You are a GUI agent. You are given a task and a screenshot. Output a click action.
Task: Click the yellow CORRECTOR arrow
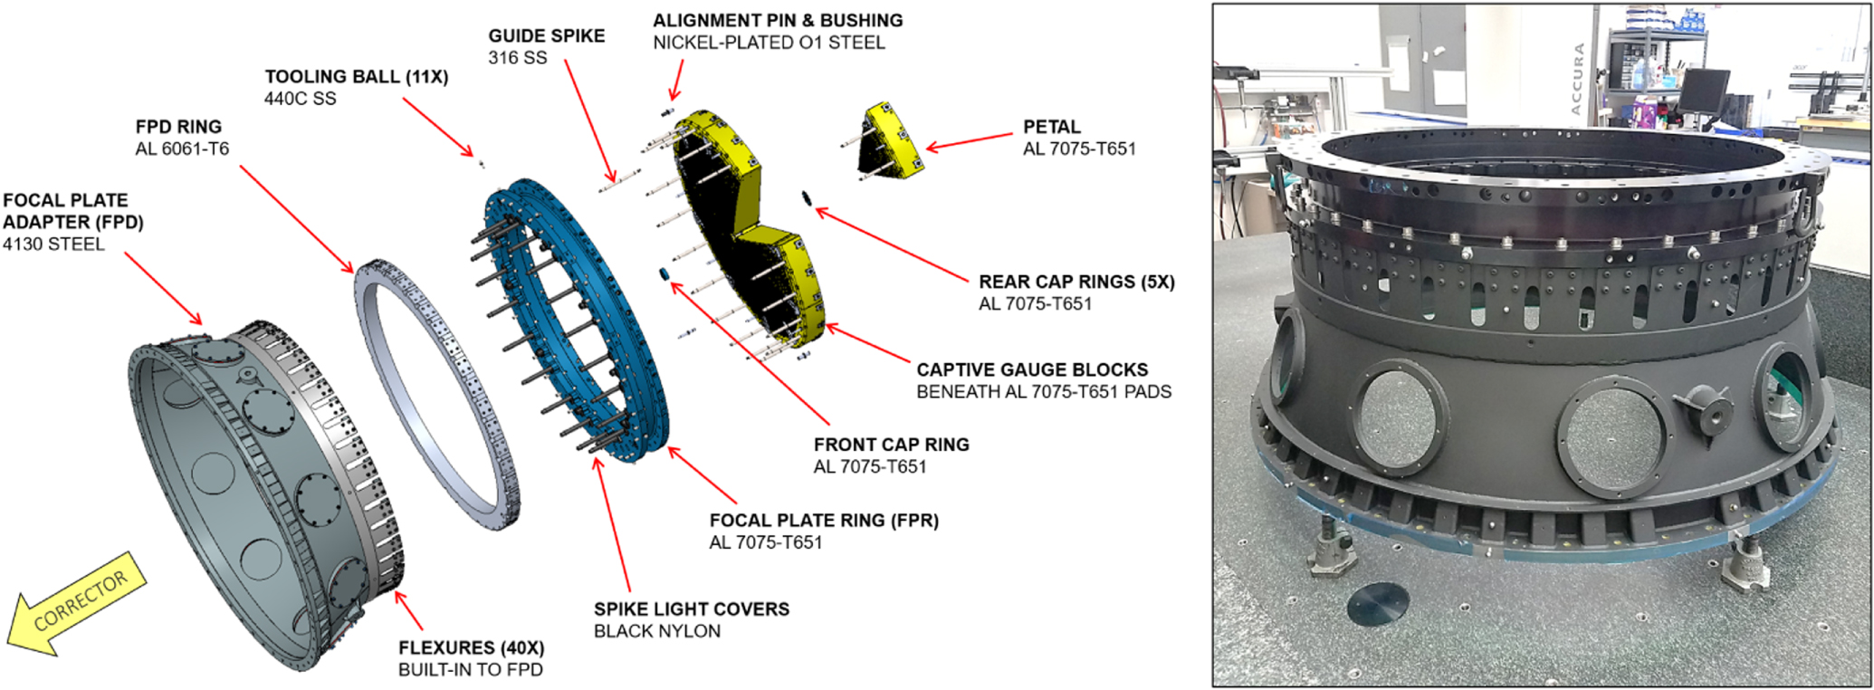77,602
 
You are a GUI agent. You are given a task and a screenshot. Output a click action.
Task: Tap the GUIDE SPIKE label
546,36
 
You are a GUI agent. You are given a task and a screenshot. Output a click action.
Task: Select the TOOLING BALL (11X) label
356,77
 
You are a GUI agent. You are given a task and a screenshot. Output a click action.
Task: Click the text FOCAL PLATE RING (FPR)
823,521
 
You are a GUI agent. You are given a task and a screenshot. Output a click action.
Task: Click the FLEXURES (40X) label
471,648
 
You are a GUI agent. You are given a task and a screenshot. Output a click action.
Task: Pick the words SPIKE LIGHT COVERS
691,609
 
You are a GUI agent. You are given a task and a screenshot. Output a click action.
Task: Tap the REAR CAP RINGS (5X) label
1076,283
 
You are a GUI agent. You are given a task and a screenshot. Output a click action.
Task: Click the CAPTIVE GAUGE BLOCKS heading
1031,370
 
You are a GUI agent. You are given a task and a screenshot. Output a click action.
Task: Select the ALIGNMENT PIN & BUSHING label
777,21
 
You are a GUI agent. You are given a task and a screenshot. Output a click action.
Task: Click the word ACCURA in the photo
1578,79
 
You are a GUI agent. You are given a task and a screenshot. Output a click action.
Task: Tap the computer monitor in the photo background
1702,89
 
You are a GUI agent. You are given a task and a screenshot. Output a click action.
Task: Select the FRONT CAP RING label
891,445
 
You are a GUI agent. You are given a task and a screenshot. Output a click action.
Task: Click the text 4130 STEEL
53,244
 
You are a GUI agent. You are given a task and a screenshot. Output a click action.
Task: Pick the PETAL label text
1051,127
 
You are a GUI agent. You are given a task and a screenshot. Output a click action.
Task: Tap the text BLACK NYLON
656,631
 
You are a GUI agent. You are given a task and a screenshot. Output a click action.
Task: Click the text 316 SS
518,58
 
